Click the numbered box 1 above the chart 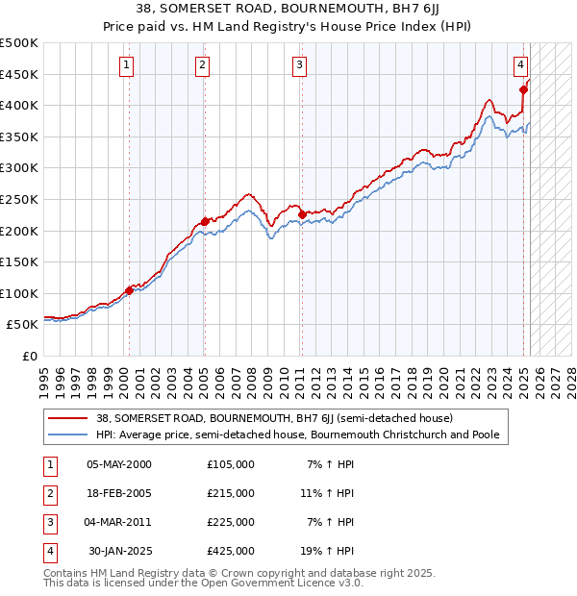pyautogui.click(x=127, y=65)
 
